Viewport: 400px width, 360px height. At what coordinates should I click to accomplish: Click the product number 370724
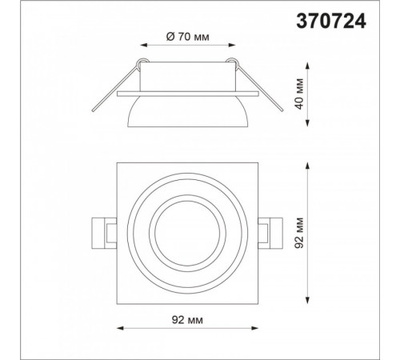click(x=331, y=21)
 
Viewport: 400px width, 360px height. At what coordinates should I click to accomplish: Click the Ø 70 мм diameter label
click(x=188, y=37)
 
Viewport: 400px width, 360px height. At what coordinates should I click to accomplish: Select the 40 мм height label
click(x=299, y=94)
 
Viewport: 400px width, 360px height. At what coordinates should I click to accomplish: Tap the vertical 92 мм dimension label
click(x=299, y=233)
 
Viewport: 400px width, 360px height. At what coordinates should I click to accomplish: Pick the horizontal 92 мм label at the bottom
click(x=187, y=320)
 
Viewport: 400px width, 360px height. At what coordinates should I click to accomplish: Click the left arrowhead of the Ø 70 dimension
click(x=144, y=45)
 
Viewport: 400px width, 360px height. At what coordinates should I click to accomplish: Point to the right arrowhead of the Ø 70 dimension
click(x=232, y=45)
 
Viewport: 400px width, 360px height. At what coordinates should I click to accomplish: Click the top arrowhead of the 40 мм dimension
click(x=307, y=66)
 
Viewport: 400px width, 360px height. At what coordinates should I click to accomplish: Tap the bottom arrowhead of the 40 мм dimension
click(x=307, y=123)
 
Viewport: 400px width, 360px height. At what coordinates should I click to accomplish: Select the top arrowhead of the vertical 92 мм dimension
click(x=307, y=166)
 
